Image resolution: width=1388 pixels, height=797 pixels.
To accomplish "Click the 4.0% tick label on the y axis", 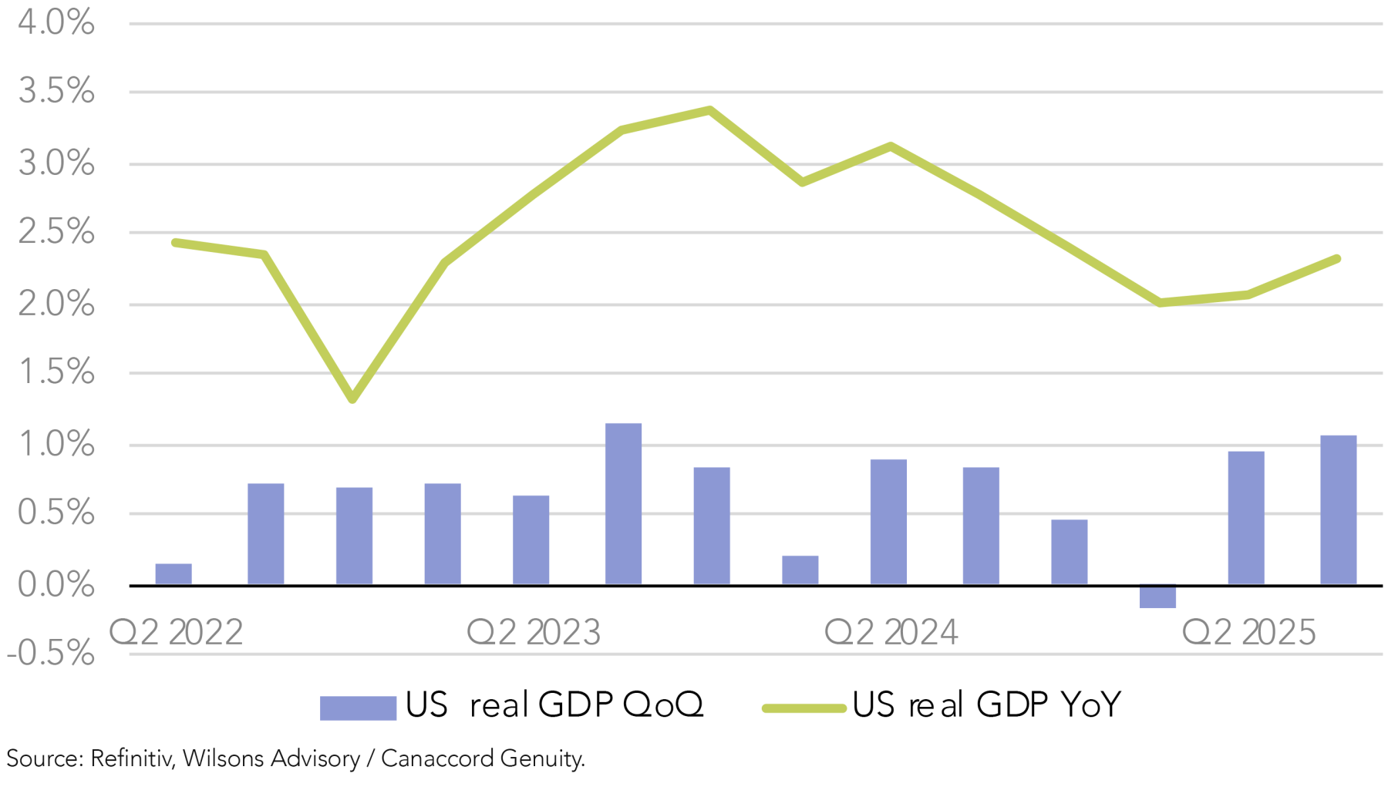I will tap(56, 22).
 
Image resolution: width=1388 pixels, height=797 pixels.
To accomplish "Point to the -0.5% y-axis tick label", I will tap(51, 654).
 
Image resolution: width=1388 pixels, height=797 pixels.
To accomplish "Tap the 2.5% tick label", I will tap(56, 231).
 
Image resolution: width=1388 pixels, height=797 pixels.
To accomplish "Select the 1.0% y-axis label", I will tap(56, 444).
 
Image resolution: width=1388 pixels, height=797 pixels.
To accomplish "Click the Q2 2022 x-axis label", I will tap(176, 633).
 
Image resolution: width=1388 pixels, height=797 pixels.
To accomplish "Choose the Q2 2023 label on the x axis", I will tap(534, 633).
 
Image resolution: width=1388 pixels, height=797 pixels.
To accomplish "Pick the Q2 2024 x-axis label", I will tap(891, 633).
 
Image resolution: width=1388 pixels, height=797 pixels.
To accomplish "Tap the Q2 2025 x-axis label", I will tap(1249, 633).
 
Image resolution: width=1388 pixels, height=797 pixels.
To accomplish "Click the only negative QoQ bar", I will tap(1157, 597).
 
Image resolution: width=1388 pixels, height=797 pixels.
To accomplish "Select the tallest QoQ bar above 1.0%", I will tap(623, 504).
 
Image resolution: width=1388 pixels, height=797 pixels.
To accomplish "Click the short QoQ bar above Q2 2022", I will tap(173, 574).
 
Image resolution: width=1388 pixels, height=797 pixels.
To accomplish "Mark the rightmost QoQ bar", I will tap(1338, 510).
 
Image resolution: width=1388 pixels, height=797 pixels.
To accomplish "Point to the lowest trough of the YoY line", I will tap(352, 398).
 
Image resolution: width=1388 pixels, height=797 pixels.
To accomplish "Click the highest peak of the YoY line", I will tap(709, 110).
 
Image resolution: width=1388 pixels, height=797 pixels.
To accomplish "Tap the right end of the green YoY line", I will tap(1337, 259).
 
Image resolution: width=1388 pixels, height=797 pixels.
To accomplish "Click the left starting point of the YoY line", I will tap(175, 243).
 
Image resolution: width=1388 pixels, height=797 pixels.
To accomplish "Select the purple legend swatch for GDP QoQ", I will tap(358, 708).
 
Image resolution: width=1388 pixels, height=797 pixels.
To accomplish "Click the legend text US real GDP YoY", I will tap(986, 705).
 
